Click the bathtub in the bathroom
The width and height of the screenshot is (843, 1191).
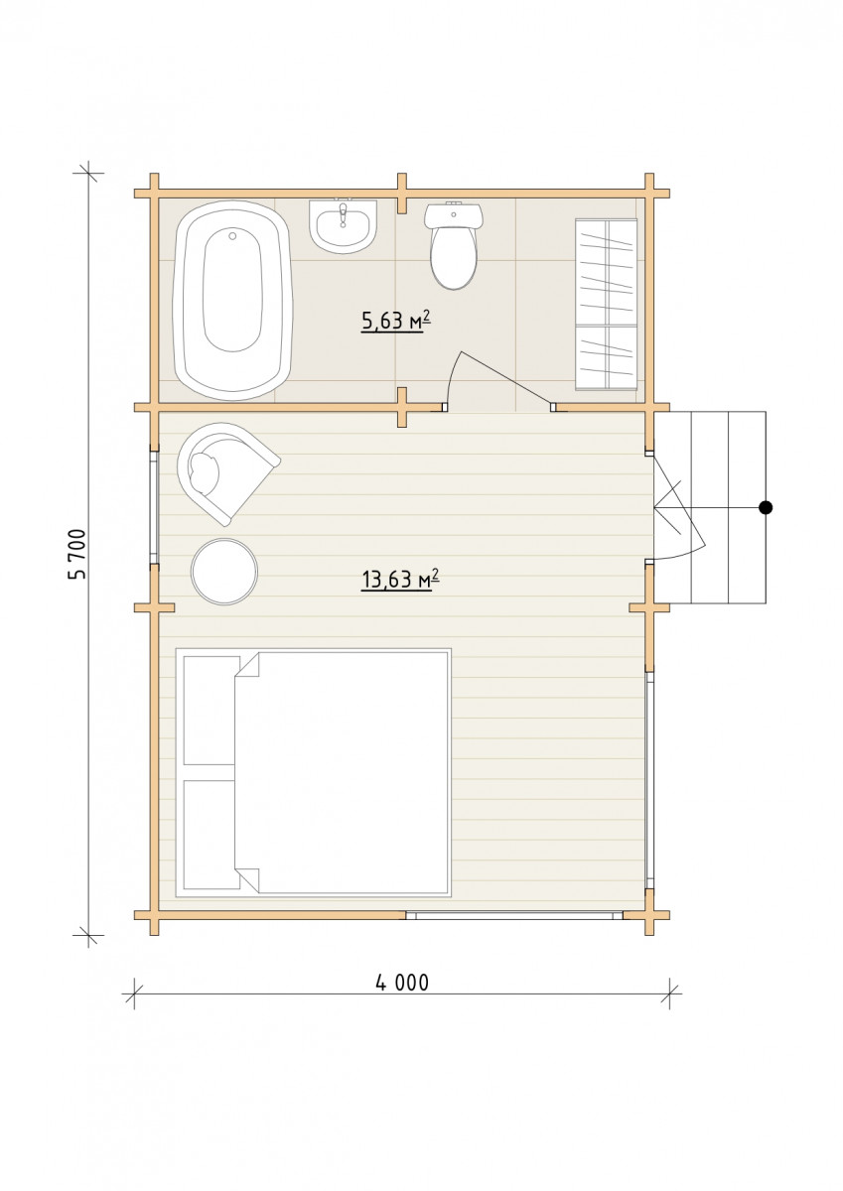232,301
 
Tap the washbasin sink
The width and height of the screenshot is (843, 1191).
343,226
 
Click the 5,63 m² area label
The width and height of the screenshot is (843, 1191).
396,322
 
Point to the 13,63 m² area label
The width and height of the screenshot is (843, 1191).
400,580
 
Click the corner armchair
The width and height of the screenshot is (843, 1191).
223,471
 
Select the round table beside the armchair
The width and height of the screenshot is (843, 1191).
224,572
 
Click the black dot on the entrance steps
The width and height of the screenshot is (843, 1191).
766,508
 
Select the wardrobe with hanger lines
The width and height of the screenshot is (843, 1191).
607,305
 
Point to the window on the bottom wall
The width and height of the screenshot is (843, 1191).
513,915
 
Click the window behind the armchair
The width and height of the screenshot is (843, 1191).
154,507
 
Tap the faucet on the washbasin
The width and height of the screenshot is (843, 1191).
343,212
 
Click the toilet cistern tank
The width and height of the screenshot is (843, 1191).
454,216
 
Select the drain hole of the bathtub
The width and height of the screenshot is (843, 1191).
232,235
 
